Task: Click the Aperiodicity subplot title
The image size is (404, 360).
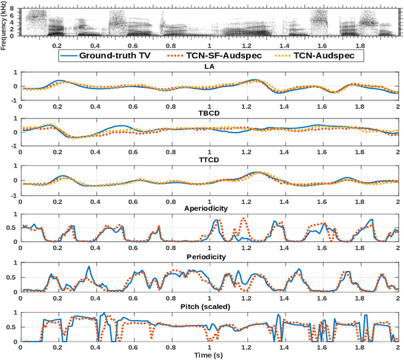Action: click(209, 207)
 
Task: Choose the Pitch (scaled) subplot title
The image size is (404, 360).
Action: click(209, 306)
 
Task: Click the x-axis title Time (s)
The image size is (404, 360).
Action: click(209, 356)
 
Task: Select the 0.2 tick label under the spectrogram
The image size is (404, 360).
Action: click(57, 46)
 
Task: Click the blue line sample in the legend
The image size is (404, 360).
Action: click(71, 56)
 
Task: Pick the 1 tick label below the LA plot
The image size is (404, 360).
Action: click(209, 105)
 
